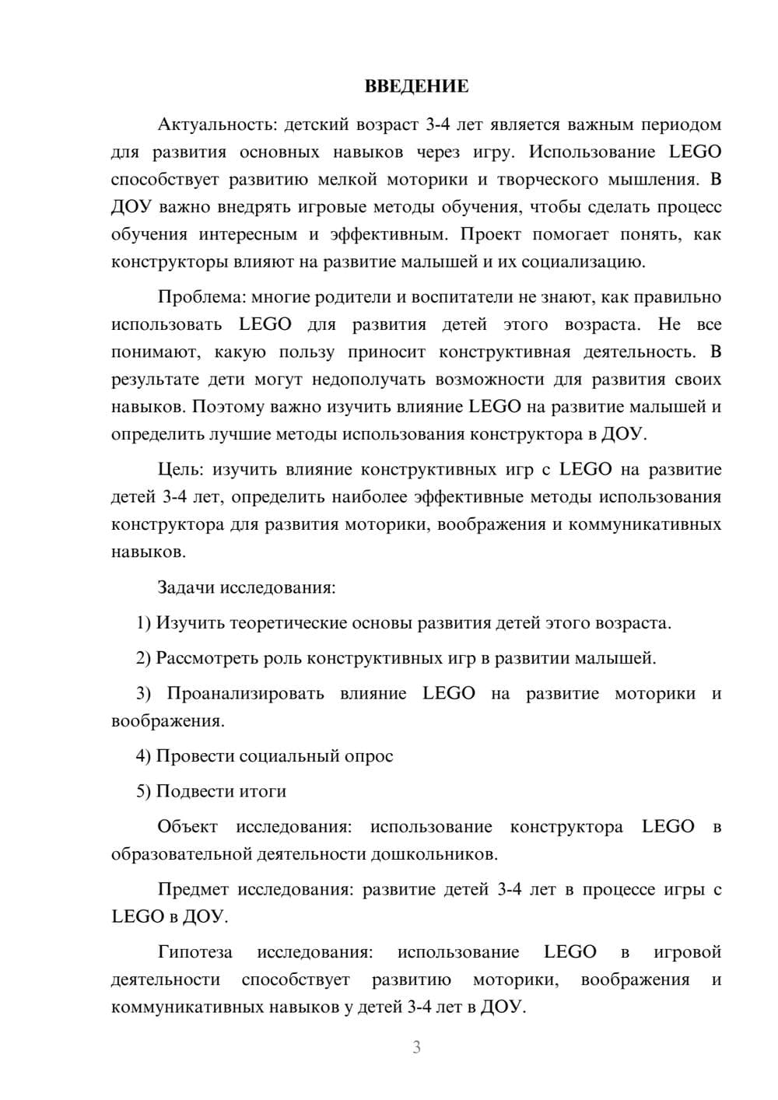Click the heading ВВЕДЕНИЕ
click(x=416, y=86)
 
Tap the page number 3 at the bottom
click(x=416, y=1048)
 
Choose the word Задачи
click(x=186, y=587)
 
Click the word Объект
click(x=187, y=826)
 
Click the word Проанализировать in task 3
click(x=245, y=693)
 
